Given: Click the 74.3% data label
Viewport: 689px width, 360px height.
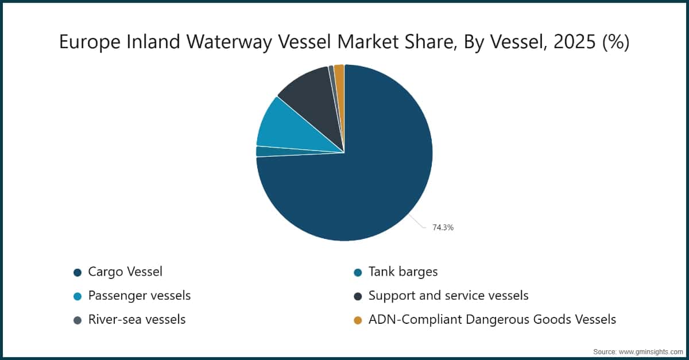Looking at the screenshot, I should pyautogui.click(x=443, y=228).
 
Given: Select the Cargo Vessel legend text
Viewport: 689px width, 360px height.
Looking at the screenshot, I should pyautogui.click(x=125, y=272).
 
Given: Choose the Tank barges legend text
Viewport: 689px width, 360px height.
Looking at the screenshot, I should pyautogui.click(x=403, y=272).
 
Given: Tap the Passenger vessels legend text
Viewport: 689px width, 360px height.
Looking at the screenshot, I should pyautogui.click(x=140, y=296).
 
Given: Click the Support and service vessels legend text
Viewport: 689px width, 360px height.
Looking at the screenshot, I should pyautogui.click(x=448, y=296).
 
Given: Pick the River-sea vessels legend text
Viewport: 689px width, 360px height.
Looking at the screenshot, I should pyautogui.click(x=137, y=320).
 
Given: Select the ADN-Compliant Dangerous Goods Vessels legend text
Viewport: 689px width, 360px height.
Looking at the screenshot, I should pyautogui.click(x=492, y=320).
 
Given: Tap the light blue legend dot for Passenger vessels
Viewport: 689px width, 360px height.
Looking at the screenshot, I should pyautogui.click(x=78, y=296).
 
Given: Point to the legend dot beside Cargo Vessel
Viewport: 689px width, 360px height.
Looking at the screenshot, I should pyautogui.click(x=78, y=272).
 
